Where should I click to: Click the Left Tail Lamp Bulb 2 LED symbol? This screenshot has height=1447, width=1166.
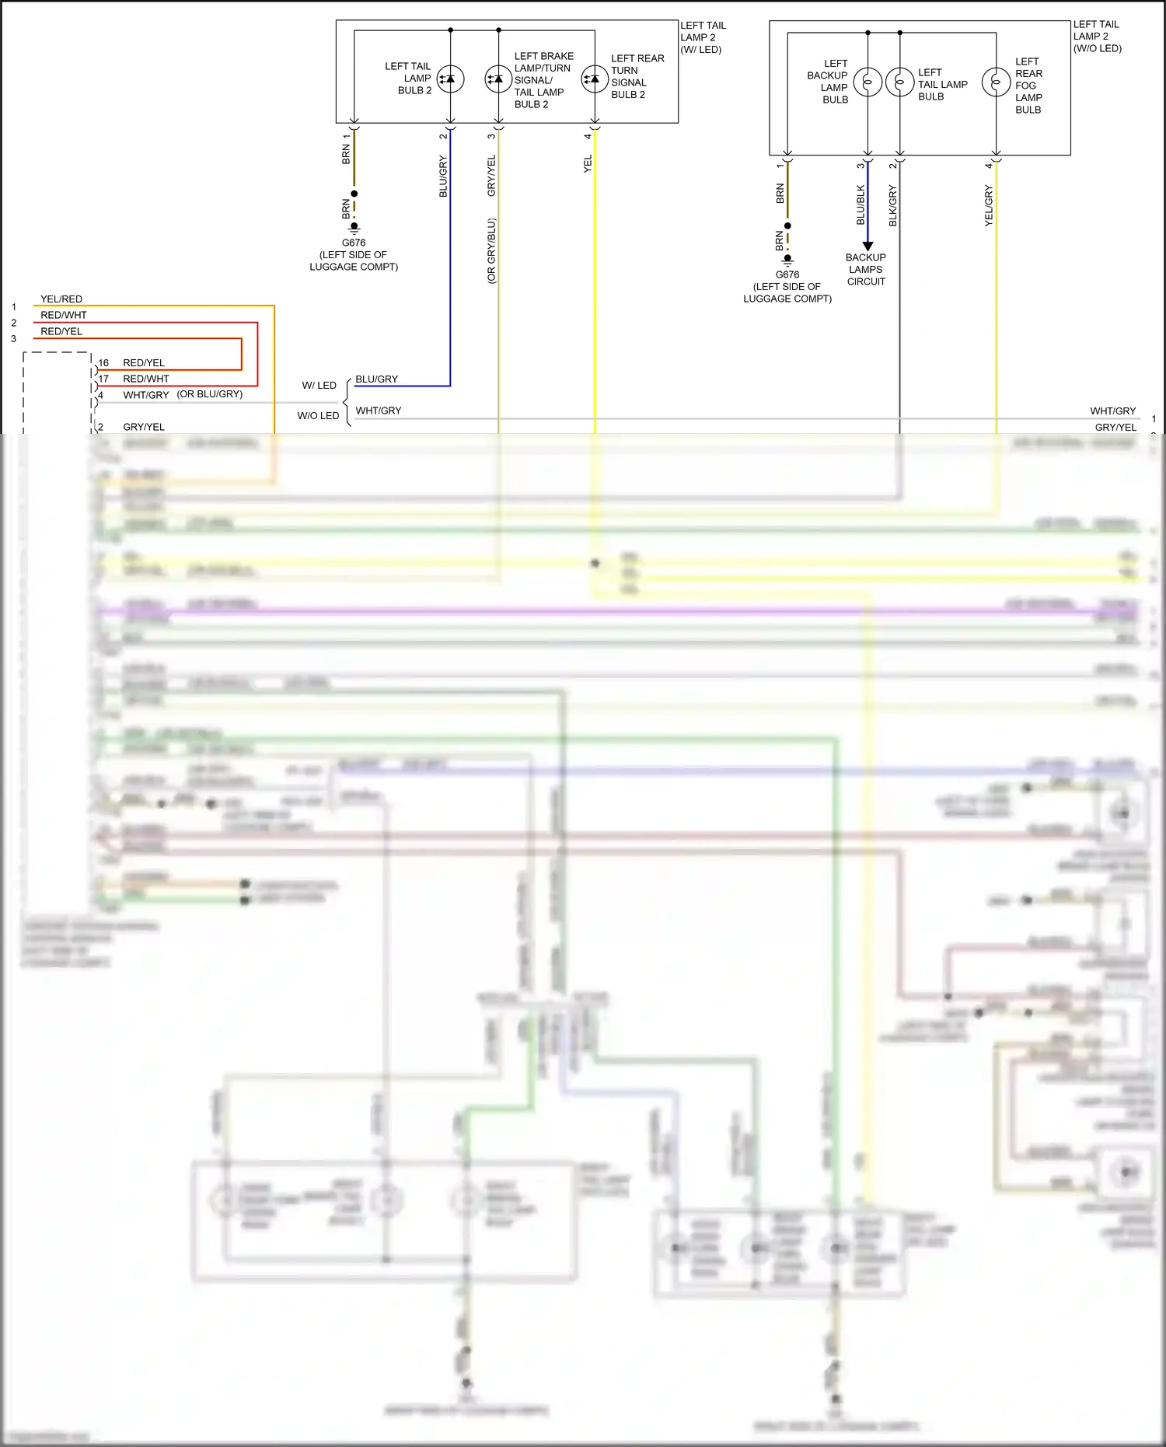click(x=450, y=79)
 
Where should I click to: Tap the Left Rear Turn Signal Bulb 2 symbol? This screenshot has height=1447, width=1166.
click(x=595, y=79)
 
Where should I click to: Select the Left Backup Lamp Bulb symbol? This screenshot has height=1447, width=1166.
click(x=868, y=82)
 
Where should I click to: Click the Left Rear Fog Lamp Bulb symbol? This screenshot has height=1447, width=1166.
click(x=996, y=82)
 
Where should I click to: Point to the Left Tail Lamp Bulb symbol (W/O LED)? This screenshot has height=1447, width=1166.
click(x=899, y=82)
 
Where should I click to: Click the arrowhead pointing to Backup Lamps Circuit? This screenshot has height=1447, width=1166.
click(x=868, y=246)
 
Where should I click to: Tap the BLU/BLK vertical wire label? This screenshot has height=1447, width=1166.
click(x=861, y=205)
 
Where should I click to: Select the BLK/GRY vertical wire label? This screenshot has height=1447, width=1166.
click(x=893, y=206)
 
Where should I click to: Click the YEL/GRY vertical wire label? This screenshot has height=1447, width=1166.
click(x=989, y=206)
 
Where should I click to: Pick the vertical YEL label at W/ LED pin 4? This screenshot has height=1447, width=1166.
click(x=588, y=164)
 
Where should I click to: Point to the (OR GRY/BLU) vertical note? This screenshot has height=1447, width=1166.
click(x=491, y=250)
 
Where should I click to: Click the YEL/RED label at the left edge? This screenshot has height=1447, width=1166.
click(x=61, y=299)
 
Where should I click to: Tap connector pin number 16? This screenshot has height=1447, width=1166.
click(x=103, y=363)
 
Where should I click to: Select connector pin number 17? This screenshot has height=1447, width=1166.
click(x=103, y=379)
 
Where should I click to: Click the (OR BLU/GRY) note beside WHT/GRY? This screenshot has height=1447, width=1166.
click(x=210, y=394)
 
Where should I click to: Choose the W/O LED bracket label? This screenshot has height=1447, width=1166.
click(x=318, y=416)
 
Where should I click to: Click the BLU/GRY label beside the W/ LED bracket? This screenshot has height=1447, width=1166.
click(x=376, y=379)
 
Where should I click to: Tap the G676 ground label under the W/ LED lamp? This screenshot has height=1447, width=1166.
click(x=354, y=243)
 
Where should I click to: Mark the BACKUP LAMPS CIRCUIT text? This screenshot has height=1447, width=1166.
click(x=866, y=270)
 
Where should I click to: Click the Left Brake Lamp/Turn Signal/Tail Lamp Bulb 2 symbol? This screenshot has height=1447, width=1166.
click(x=498, y=79)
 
